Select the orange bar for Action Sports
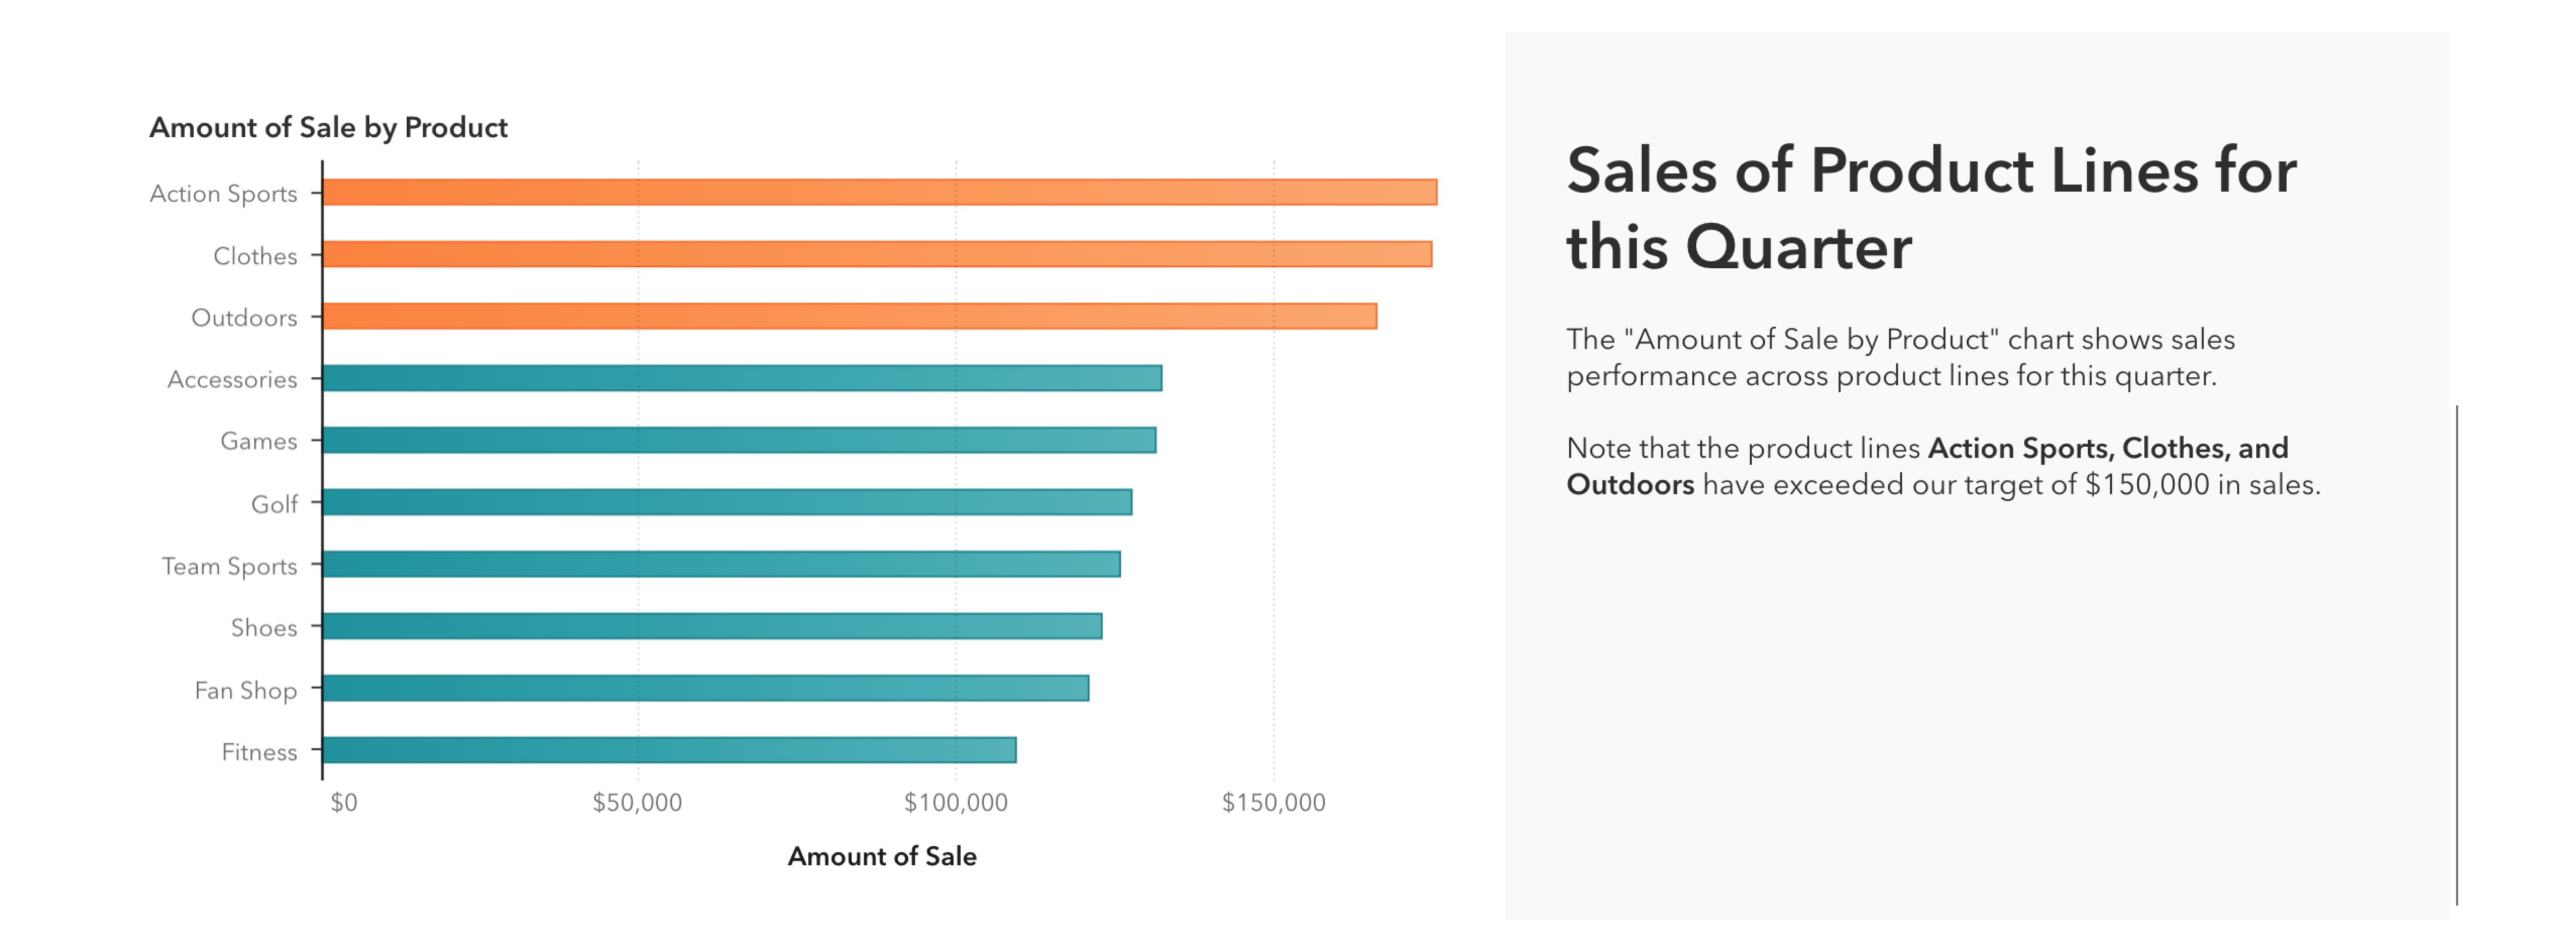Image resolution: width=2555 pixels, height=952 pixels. [879, 193]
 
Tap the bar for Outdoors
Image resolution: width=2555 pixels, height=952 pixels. [849, 316]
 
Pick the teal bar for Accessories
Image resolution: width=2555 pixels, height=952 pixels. [742, 378]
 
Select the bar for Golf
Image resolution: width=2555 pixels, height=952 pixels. [727, 502]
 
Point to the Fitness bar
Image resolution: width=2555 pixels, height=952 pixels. [670, 750]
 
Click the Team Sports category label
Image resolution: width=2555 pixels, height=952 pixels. [229, 566]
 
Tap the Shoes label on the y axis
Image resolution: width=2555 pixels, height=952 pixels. [264, 628]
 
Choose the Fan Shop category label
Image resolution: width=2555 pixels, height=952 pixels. [245, 690]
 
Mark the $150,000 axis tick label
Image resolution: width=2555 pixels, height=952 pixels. [1273, 802]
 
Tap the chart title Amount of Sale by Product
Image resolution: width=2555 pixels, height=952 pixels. [328, 128]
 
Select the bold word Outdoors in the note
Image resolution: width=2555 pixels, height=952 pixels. [1630, 485]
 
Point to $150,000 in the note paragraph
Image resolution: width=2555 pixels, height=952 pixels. [2146, 485]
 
